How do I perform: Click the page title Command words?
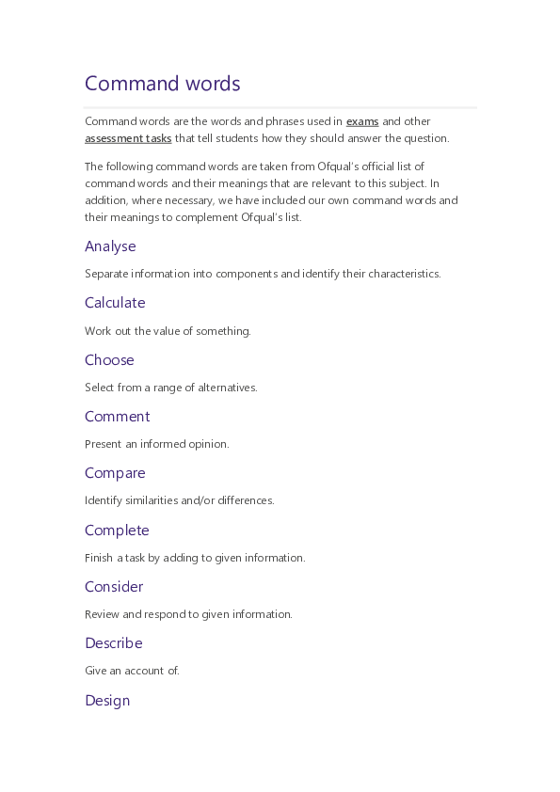coord(163,84)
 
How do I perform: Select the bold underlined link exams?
coord(362,121)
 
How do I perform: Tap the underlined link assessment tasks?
coord(128,138)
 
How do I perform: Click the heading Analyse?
coord(110,246)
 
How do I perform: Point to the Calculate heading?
coord(115,303)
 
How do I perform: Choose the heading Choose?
coord(109,360)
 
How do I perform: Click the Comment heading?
coord(117,417)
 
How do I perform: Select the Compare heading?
coord(115,473)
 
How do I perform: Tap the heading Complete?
coord(117,531)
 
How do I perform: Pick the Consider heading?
coord(114,587)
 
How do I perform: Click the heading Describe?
coord(113,643)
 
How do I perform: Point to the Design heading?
coord(107,701)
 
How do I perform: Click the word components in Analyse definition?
coord(247,274)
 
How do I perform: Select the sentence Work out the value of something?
coord(168,331)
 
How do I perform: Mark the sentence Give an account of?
coord(132,671)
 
